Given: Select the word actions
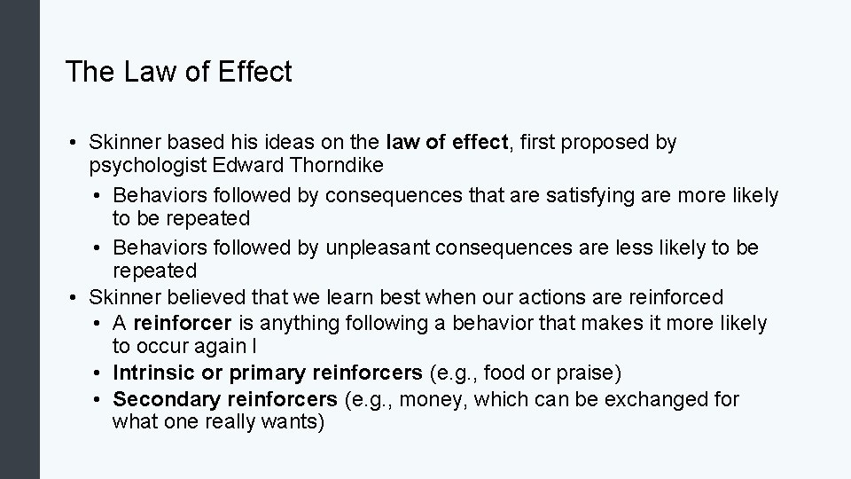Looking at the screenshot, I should [x=553, y=297].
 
